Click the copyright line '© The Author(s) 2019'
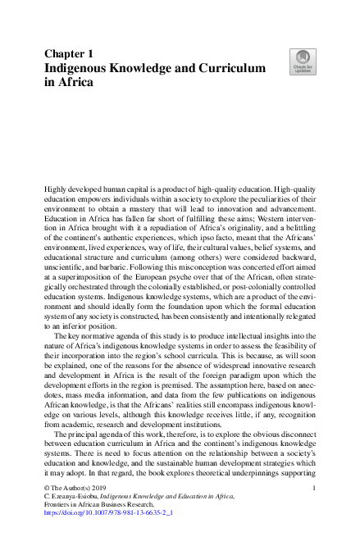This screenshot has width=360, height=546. pos(75,488)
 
